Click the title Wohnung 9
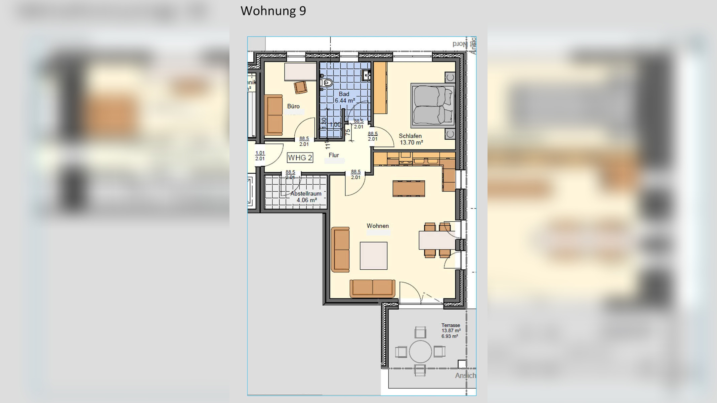pyautogui.click(x=273, y=11)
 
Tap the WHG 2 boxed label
pyautogui.click(x=300, y=158)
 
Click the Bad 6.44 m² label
pyautogui.click(x=344, y=97)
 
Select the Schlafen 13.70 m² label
pyautogui.click(x=411, y=139)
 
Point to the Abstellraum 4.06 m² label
pyautogui.click(x=306, y=197)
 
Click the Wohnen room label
pyautogui.click(x=378, y=226)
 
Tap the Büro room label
pyautogui.click(x=293, y=106)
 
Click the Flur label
pyautogui.click(x=334, y=155)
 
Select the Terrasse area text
pyautogui.click(x=451, y=330)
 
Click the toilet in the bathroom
pyautogui.click(x=326, y=82)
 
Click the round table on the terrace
pyautogui.click(x=420, y=352)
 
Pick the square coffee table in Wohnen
pyautogui.click(x=373, y=256)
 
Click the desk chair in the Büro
pyautogui.click(x=300, y=87)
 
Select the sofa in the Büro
pyautogui.click(x=273, y=115)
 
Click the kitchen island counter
pyautogui.click(x=409, y=188)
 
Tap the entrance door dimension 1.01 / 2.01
pyautogui.click(x=260, y=156)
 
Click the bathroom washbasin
pyautogui.click(x=366, y=75)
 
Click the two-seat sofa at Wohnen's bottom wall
pyautogui.click(x=372, y=288)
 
